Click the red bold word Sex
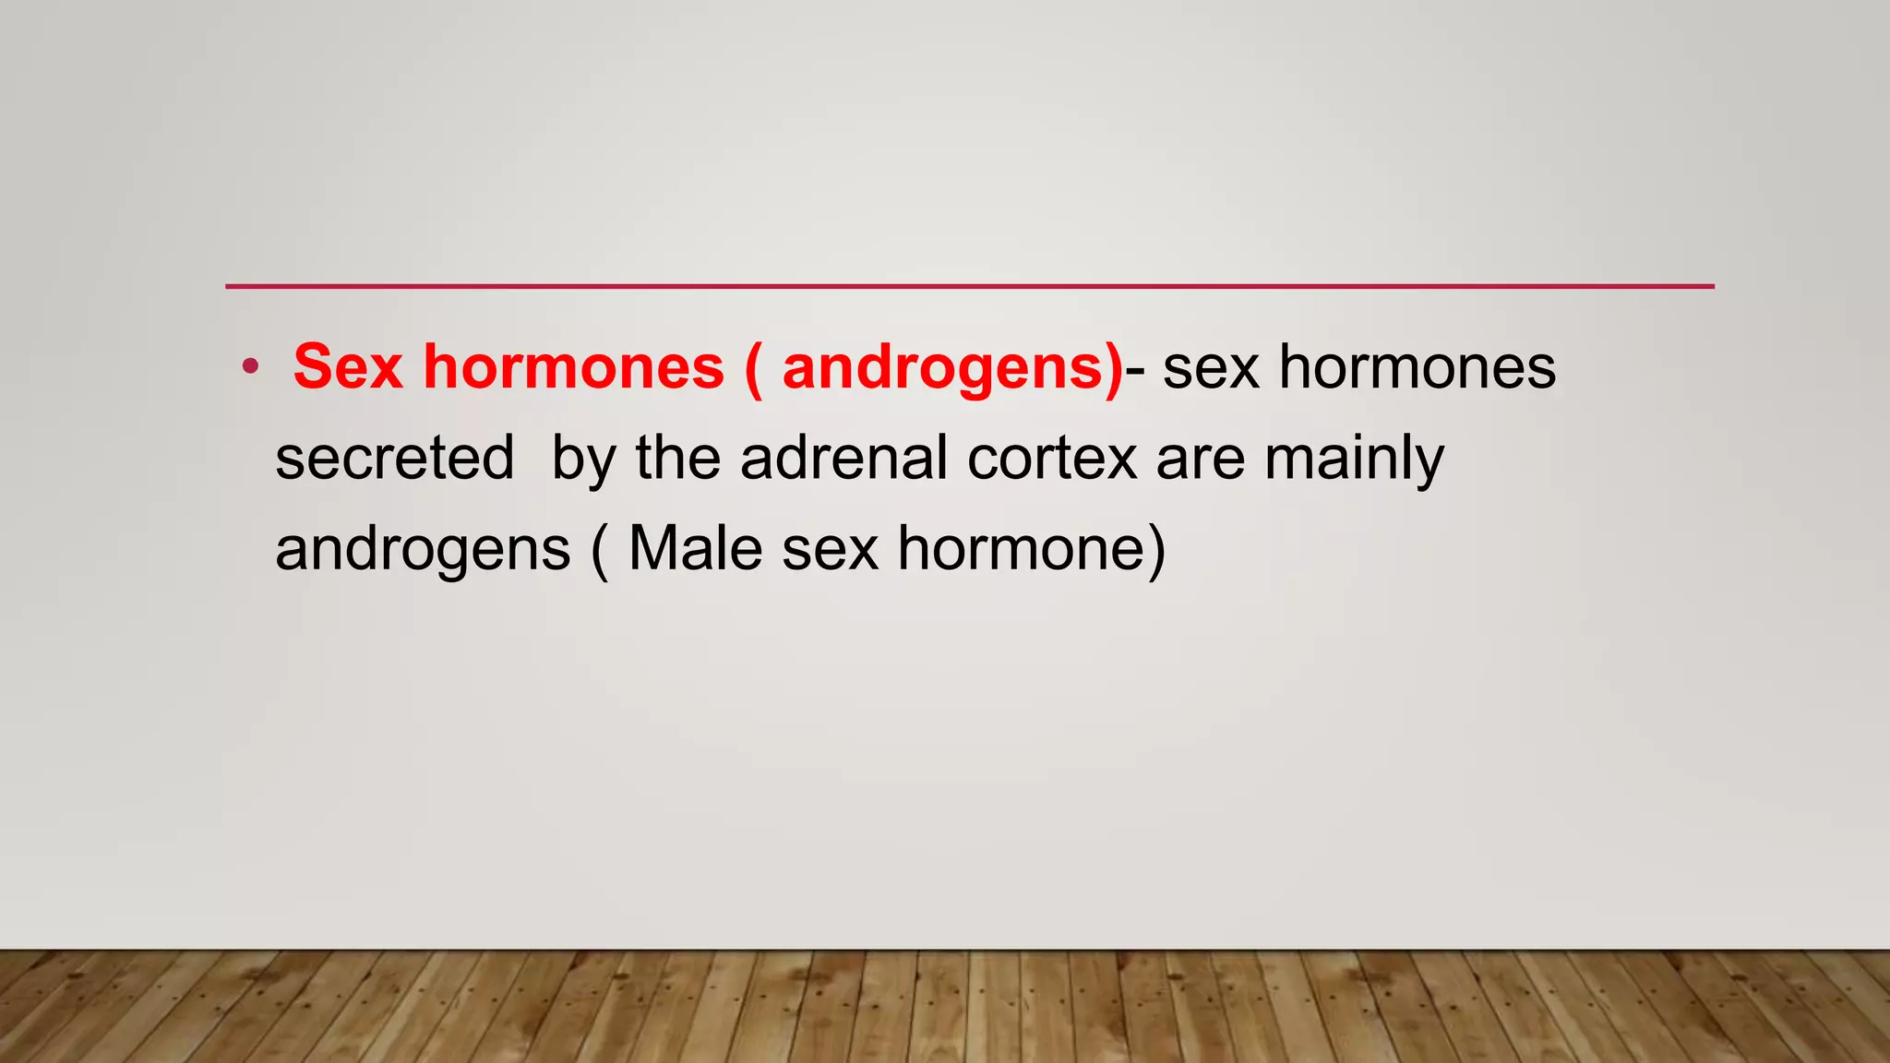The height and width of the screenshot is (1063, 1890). (x=348, y=367)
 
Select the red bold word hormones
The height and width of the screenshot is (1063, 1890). (x=574, y=367)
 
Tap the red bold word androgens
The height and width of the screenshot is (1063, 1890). (x=942, y=367)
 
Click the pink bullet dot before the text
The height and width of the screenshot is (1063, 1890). (x=250, y=367)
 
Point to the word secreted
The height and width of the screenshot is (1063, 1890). (x=395, y=458)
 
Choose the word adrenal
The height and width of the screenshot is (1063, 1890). (x=843, y=458)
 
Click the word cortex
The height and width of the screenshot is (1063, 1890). (x=1052, y=458)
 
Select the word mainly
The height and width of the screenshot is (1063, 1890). (x=1354, y=458)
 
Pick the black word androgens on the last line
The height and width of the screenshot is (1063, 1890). (x=424, y=549)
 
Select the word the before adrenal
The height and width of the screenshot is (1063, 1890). (x=678, y=458)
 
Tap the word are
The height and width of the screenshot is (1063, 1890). (x=1201, y=458)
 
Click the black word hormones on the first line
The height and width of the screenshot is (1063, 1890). (x=1417, y=367)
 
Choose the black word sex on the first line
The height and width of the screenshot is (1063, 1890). (x=1211, y=367)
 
